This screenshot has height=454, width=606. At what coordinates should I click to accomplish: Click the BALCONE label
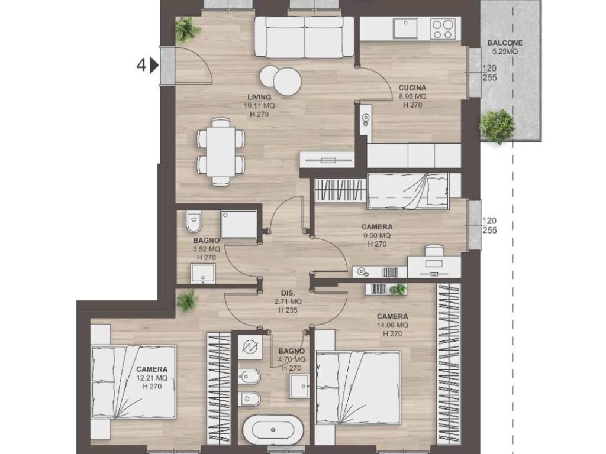tap(505, 43)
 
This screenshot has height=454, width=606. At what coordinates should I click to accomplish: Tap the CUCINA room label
tap(412, 87)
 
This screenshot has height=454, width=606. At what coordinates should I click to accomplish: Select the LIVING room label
tap(259, 98)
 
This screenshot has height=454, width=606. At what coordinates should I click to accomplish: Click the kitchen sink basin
tap(405, 28)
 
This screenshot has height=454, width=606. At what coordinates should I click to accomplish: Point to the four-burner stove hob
tap(443, 28)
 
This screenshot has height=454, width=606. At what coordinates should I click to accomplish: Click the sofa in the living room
tap(305, 37)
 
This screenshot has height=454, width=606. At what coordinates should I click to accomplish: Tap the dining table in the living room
tap(221, 152)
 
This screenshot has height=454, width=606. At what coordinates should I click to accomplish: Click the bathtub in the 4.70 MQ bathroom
tap(273, 430)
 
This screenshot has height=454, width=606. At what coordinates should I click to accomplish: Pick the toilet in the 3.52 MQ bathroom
tap(194, 222)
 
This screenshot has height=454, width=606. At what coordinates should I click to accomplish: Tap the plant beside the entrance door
tap(187, 30)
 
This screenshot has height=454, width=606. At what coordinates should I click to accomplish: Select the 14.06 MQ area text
tap(392, 326)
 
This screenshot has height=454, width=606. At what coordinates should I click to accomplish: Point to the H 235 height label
tap(288, 310)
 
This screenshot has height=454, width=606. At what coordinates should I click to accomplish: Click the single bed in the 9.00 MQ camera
tap(408, 191)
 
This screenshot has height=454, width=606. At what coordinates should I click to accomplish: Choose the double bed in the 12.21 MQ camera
tap(134, 382)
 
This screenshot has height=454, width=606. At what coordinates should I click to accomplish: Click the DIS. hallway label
tap(288, 293)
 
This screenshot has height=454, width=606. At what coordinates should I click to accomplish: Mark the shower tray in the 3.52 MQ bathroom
tap(239, 225)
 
